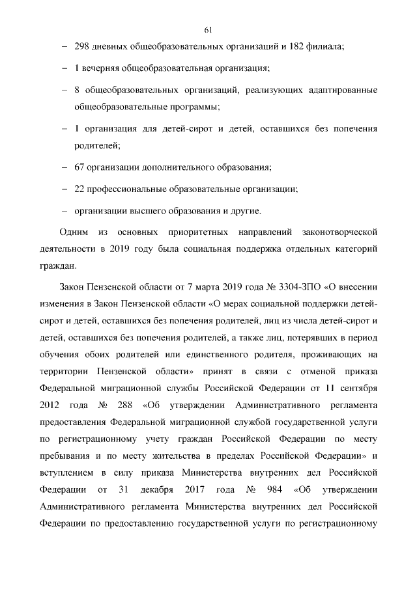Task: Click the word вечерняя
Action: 100,68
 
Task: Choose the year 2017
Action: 196,489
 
